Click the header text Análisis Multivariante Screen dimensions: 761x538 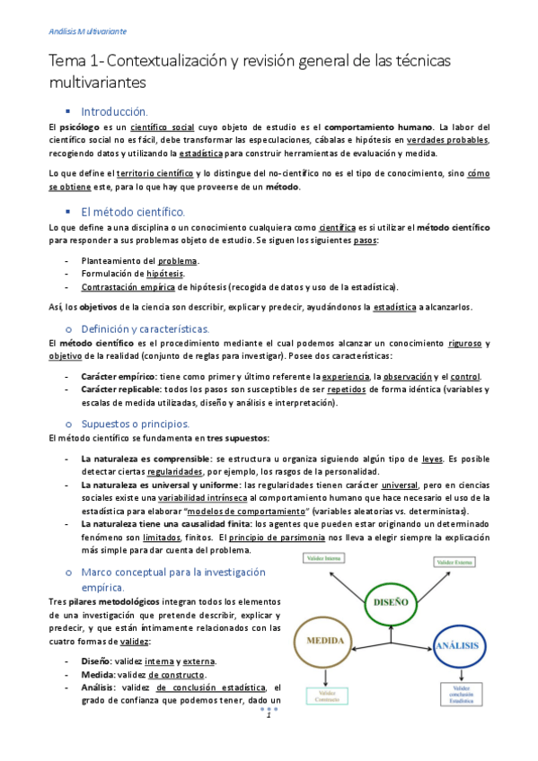[x=87, y=31]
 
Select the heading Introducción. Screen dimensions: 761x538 [x=113, y=112]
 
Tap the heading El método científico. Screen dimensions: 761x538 [x=132, y=212]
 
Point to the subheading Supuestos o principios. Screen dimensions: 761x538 [x=135, y=424]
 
